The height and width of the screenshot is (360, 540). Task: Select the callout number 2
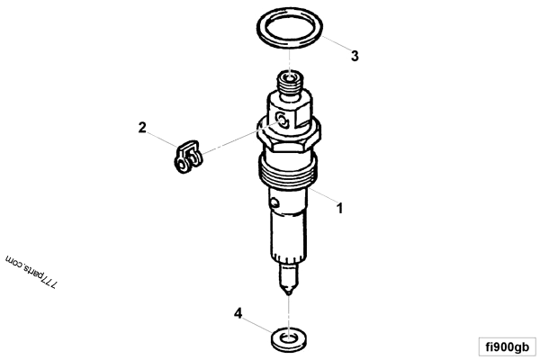[141, 127]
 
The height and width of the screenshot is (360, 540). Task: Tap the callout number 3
[355, 55]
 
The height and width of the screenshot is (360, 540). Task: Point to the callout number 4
[238, 313]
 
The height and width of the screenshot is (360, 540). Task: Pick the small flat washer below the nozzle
[287, 338]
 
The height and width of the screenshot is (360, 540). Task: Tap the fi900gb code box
[508, 346]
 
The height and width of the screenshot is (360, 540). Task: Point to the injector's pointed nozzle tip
[287, 289]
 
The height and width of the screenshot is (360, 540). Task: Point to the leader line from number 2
[162, 140]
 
